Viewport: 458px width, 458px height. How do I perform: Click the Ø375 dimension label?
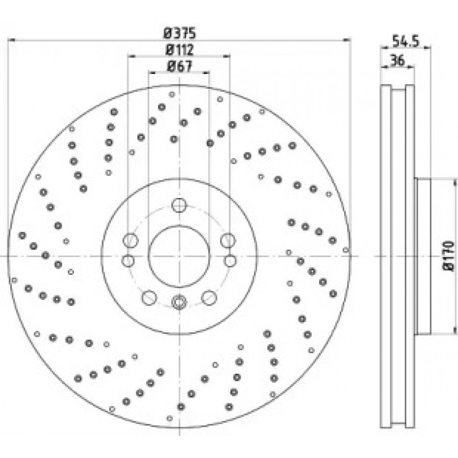tap(179, 33)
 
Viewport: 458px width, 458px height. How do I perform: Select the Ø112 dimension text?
tap(179, 49)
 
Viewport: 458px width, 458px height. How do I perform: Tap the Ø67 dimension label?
tap(179, 66)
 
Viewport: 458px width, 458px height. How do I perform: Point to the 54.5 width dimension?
tap(405, 41)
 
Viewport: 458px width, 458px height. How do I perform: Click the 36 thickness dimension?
tap(398, 60)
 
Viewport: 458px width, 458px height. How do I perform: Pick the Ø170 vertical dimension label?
tap(449, 256)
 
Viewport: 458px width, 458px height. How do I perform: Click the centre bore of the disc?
tap(179, 256)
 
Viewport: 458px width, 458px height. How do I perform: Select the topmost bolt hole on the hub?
tap(179, 205)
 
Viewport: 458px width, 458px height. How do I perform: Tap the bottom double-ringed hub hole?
tap(179, 302)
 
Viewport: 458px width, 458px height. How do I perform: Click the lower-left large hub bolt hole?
tap(149, 298)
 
